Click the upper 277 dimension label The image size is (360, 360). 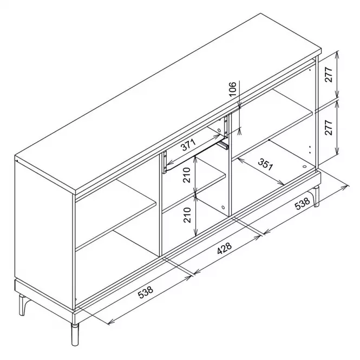click(x=329, y=75)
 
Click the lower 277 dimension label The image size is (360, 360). click(x=329, y=127)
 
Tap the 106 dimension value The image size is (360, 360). click(x=232, y=89)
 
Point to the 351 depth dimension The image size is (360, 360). click(x=265, y=164)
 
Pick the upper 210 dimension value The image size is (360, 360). click(x=187, y=175)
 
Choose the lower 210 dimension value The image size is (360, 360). click(x=187, y=215)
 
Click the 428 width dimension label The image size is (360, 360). click(x=225, y=248)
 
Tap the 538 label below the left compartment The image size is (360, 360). click(x=146, y=292)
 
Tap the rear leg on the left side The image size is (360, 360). click(x=23, y=305)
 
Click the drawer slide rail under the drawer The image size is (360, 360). click(x=223, y=145)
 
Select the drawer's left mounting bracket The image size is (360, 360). click(x=165, y=162)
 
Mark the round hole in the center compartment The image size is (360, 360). click(x=223, y=207)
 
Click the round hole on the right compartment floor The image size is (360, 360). click(x=305, y=167)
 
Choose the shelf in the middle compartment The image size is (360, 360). click(x=194, y=193)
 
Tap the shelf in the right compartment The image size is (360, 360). click(x=272, y=125)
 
